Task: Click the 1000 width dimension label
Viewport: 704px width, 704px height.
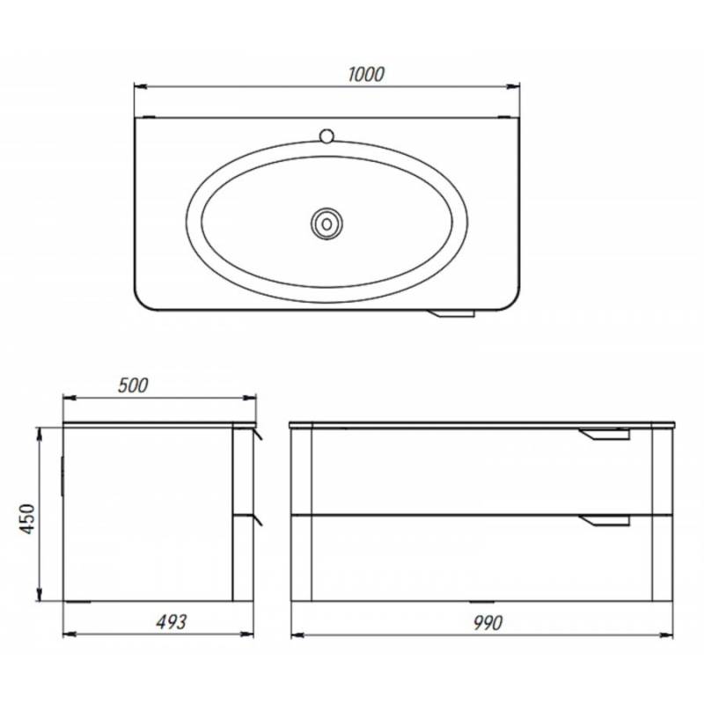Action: pyautogui.click(x=366, y=75)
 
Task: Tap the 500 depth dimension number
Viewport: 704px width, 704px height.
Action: pyautogui.click(x=133, y=385)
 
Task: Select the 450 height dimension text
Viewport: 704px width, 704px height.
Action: pyautogui.click(x=28, y=518)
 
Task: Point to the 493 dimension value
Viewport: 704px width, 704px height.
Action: pyautogui.click(x=172, y=622)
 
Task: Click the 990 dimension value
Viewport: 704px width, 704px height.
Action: pyautogui.click(x=488, y=623)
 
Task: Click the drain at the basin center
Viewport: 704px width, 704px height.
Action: pyautogui.click(x=326, y=224)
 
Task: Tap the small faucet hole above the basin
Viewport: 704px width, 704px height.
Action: pyautogui.click(x=326, y=136)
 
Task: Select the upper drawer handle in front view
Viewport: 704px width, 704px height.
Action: pyautogui.click(x=605, y=434)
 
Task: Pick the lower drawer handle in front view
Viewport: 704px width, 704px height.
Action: pyautogui.click(x=605, y=520)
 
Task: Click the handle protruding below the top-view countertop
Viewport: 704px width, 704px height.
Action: pyautogui.click(x=451, y=313)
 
